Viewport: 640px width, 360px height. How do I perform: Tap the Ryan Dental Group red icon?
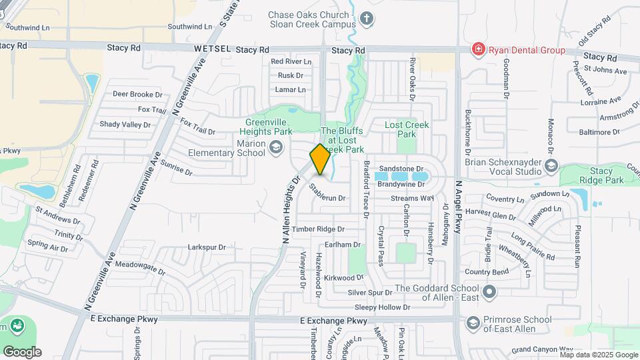pyautogui.click(x=477, y=49)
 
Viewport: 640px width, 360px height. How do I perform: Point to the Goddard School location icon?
pyautogui.click(x=490, y=292)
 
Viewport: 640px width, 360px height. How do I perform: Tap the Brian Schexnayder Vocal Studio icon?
pyautogui.click(x=551, y=165)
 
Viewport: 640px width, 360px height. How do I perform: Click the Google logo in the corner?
pyautogui.click(x=22, y=351)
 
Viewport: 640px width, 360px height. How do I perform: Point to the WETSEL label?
pyautogui.click(x=212, y=49)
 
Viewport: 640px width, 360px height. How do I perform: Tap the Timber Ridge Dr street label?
pyautogui.click(x=322, y=229)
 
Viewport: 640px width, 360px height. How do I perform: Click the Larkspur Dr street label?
pyautogui.click(x=207, y=247)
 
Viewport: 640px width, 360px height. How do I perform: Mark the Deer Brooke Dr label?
pyautogui.click(x=137, y=95)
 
